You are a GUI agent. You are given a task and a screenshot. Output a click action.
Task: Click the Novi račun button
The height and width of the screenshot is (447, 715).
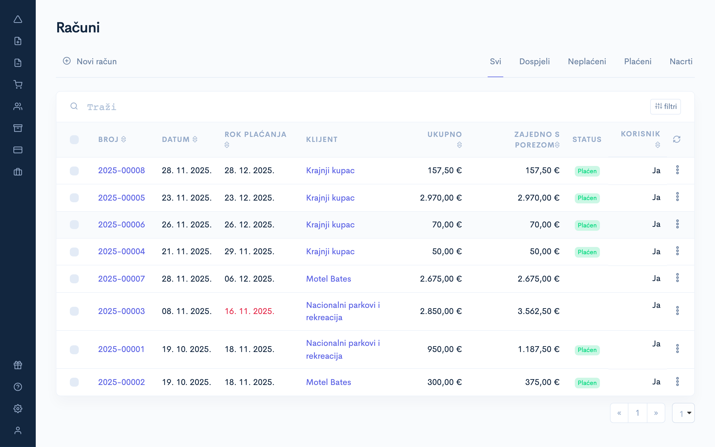[90, 61]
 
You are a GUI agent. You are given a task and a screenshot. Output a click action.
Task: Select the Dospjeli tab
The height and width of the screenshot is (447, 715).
[534, 61]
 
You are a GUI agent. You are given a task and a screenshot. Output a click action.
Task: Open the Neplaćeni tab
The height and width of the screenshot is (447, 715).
[587, 61]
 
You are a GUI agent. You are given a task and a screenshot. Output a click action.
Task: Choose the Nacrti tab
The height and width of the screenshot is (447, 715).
[681, 61]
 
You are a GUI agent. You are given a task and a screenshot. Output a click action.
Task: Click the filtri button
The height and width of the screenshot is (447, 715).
[665, 106]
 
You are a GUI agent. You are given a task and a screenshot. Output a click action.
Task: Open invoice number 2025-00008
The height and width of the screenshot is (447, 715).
[121, 171]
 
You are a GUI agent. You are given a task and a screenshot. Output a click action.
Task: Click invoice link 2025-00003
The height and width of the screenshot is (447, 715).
[121, 311]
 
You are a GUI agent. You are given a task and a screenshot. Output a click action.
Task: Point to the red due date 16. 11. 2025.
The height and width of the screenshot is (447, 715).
[249, 311]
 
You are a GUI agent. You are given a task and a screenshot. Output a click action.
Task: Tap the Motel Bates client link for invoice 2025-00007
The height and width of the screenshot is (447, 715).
[328, 279]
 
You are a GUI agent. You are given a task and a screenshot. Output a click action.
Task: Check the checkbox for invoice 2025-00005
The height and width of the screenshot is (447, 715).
[74, 198]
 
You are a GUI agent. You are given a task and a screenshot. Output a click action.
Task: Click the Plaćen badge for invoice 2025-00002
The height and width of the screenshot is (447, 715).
[587, 383]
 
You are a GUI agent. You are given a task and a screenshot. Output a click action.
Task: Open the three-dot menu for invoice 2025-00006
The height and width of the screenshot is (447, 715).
[677, 224]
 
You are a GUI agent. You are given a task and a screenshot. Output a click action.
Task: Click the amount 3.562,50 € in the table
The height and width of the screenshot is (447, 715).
[538, 311]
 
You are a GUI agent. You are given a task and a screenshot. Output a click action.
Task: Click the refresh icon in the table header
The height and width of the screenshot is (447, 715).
[676, 139]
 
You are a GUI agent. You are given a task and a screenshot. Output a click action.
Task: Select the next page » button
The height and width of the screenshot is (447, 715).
[656, 413]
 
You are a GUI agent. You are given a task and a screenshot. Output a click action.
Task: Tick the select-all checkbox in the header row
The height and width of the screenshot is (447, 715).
[74, 139]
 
